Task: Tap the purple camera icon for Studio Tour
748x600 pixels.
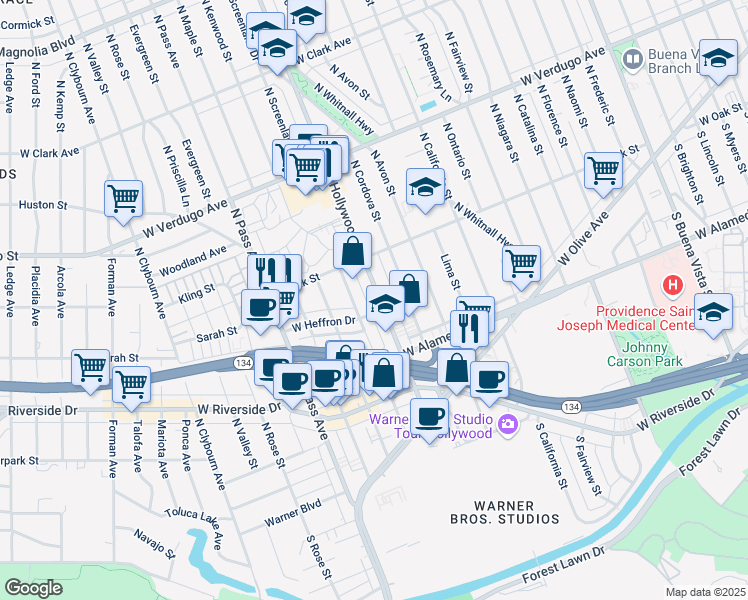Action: pyautogui.click(x=509, y=425)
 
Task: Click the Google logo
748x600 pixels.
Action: pyautogui.click(x=32, y=588)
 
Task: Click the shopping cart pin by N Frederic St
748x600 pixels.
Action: pyautogui.click(x=603, y=170)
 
